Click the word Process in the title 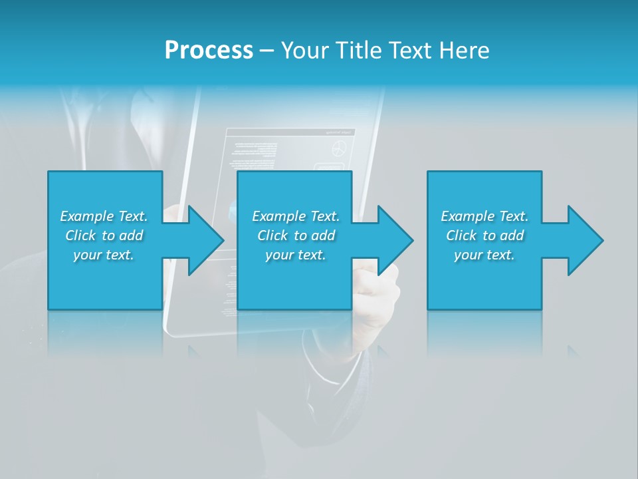click(x=209, y=51)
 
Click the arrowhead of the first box click(x=205, y=240)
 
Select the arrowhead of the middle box click(x=395, y=240)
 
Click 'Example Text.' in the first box click(x=104, y=216)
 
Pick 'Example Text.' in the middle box click(x=296, y=216)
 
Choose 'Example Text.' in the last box click(x=484, y=216)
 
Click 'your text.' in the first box click(x=104, y=255)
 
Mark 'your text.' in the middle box click(x=296, y=255)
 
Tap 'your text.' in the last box click(x=484, y=255)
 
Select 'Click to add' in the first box click(x=104, y=236)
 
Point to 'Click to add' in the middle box click(x=296, y=236)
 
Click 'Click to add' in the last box click(x=484, y=236)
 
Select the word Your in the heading click(x=304, y=51)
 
